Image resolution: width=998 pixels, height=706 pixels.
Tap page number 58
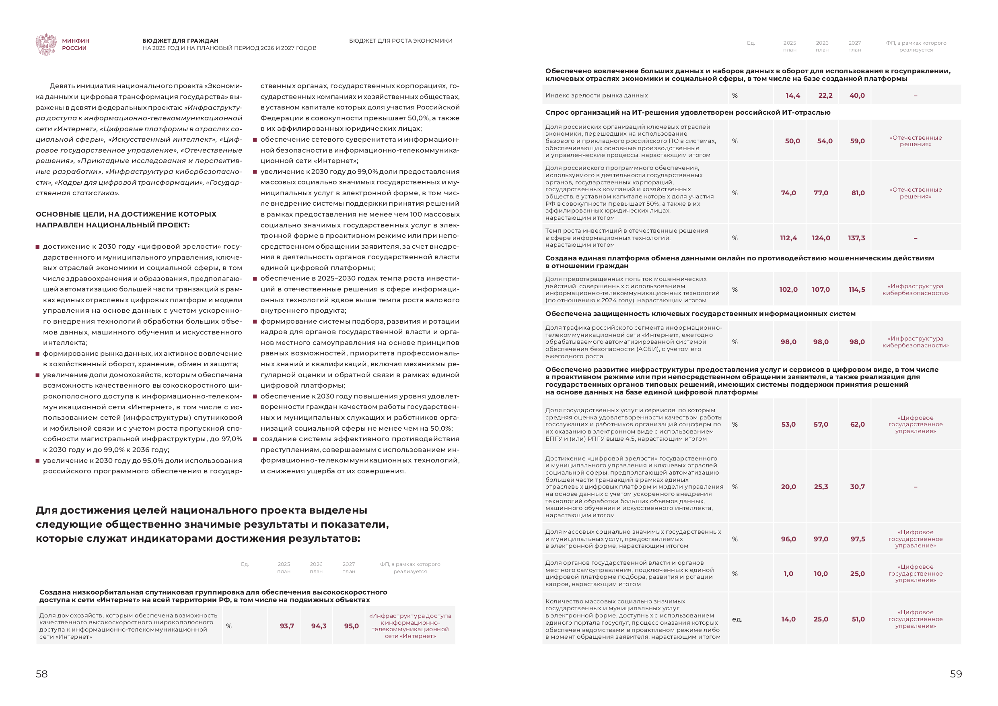click(42, 674)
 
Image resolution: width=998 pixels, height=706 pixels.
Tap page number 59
click(956, 674)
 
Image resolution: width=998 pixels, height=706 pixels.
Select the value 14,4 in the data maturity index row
click(793, 96)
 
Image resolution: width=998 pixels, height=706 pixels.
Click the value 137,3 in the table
click(856, 238)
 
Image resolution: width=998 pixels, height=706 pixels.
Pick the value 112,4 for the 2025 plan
click(788, 238)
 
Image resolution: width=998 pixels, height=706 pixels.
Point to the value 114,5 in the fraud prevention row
click(857, 290)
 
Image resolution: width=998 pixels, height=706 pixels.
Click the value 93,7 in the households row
click(287, 626)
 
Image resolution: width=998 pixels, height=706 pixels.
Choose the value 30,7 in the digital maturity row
click(857, 487)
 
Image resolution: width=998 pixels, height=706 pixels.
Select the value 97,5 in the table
click(858, 539)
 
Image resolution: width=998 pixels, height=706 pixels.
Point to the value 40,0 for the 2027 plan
click(857, 96)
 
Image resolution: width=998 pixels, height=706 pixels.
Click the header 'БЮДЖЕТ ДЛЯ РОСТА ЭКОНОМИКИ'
click(400, 41)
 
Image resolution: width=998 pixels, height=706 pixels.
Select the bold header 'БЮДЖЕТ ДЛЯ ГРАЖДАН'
click(180, 41)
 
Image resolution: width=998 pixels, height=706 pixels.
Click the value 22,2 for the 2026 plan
click(825, 96)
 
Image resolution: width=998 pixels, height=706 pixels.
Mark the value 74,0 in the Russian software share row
click(788, 193)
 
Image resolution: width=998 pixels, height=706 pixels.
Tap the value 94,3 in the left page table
click(319, 626)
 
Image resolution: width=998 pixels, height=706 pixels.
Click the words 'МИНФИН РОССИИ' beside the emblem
click(76, 44)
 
